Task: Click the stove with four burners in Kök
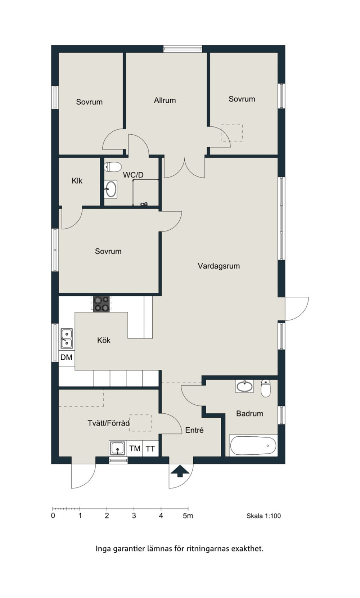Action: [101, 304]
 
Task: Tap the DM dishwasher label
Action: [66, 357]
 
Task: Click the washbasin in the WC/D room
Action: [110, 189]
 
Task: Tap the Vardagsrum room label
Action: [219, 266]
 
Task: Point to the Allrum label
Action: [165, 101]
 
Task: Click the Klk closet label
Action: [77, 181]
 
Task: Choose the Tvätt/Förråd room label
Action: [109, 423]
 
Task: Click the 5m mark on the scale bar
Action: [188, 515]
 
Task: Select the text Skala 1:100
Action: [264, 516]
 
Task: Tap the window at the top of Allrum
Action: [183, 48]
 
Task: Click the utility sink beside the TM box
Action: [117, 448]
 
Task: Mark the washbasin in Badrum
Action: [244, 386]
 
